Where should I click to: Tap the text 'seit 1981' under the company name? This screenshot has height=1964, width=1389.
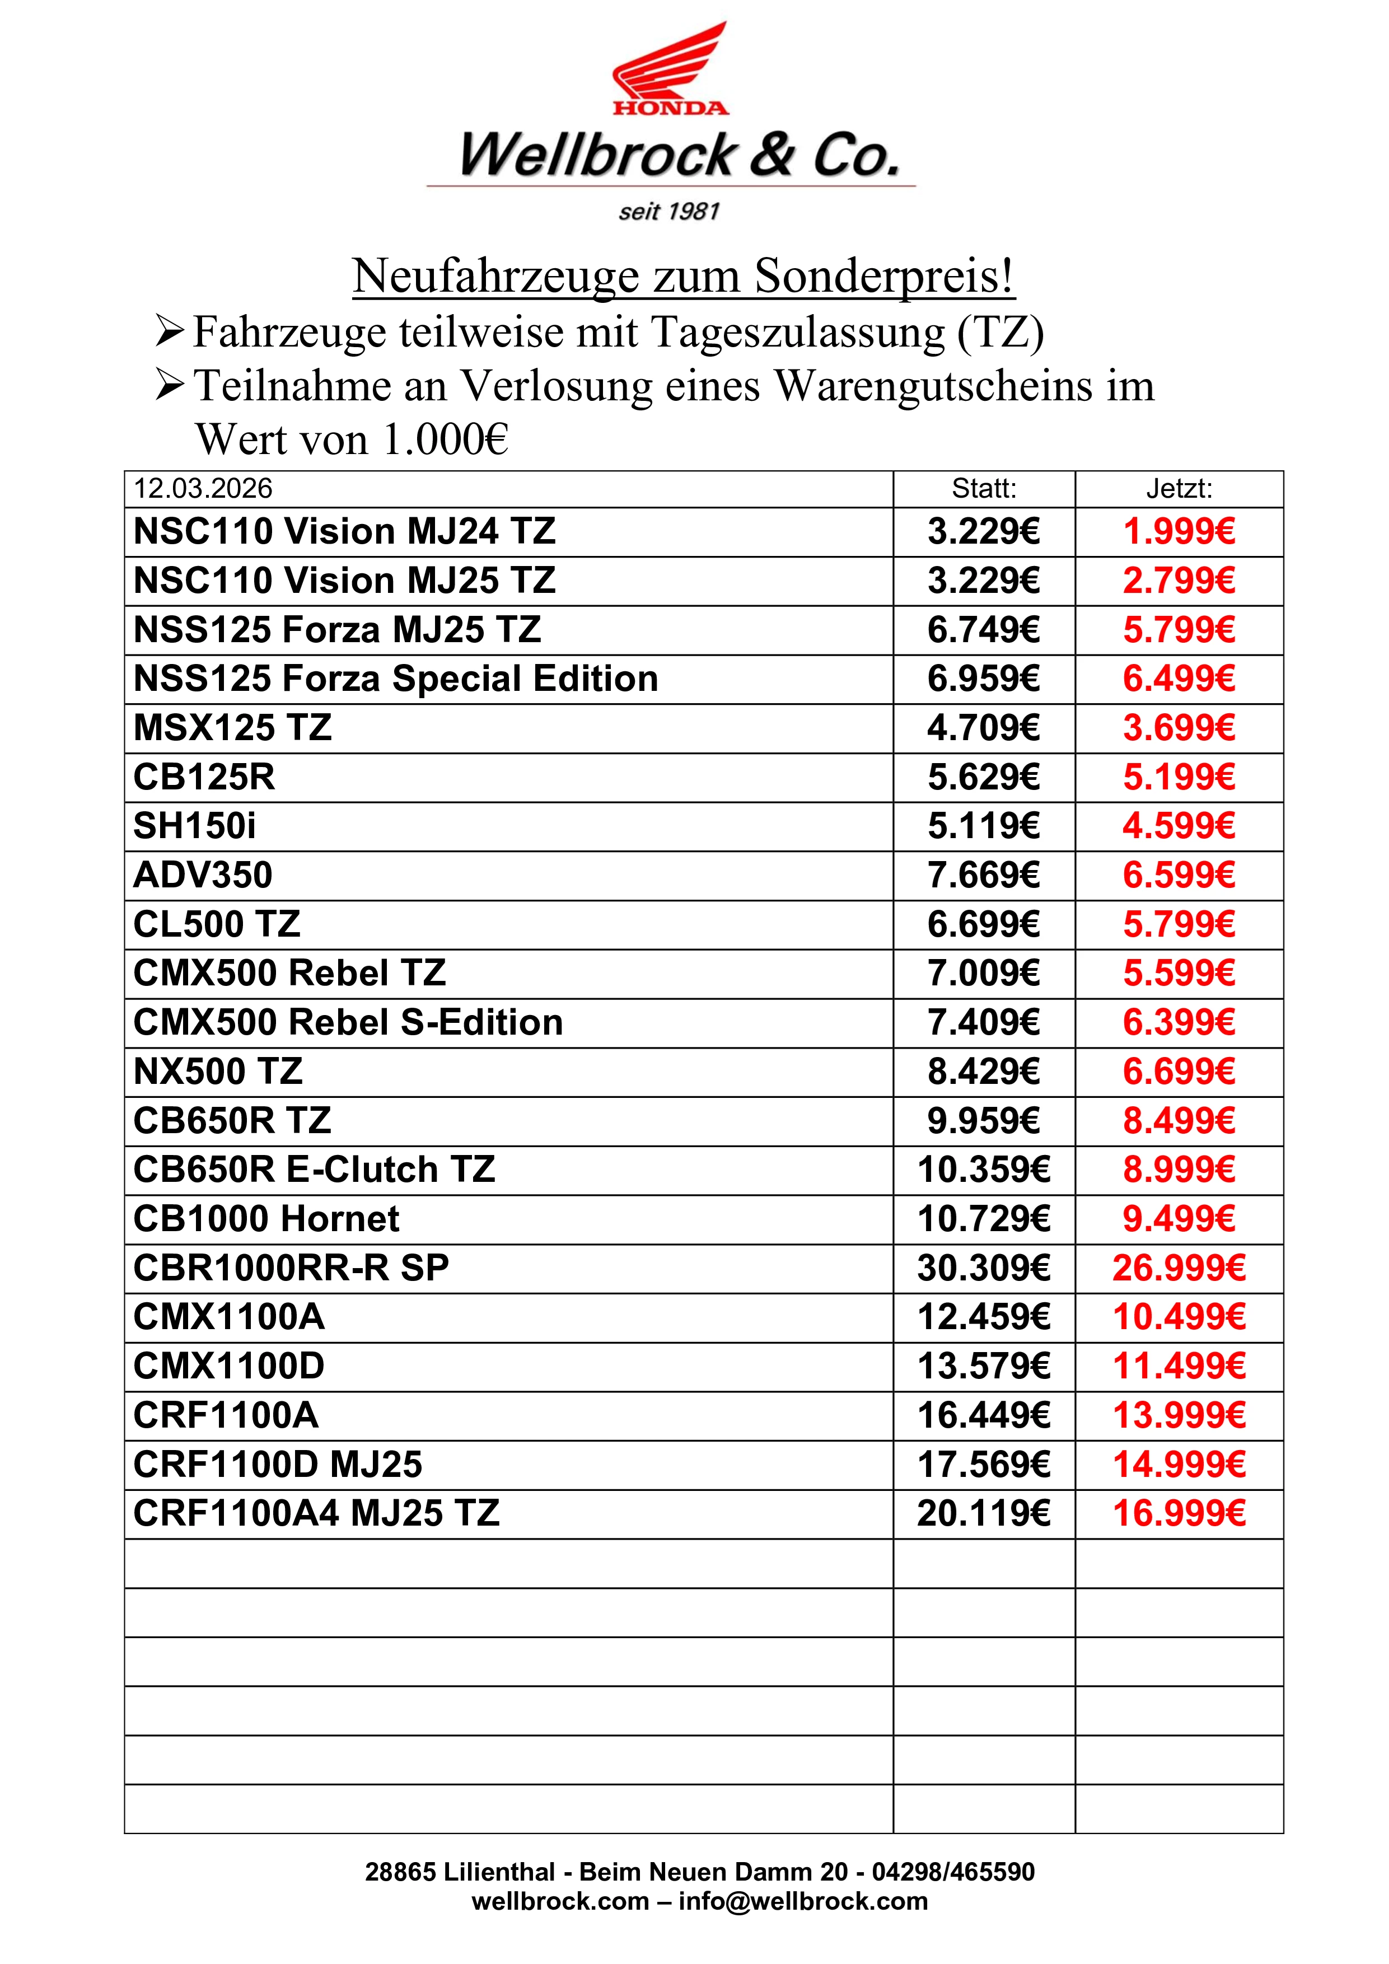tap(669, 211)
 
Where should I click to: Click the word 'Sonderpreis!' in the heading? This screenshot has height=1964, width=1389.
tap(885, 277)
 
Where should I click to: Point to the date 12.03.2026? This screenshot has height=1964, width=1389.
tap(203, 488)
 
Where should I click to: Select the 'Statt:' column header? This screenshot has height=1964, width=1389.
tap(984, 488)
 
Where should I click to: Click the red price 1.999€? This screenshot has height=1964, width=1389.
tap(1178, 531)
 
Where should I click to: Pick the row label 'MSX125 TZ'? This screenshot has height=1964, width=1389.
tap(233, 728)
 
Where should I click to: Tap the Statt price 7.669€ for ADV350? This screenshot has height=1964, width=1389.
tap(984, 875)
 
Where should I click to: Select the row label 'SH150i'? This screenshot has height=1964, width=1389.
tap(195, 826)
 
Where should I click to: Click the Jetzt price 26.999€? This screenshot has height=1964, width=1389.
tap(1178, 1268)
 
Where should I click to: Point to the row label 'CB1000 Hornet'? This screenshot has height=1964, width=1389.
tap(266, 1219)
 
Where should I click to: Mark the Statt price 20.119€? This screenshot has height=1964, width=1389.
tap(984, 1513)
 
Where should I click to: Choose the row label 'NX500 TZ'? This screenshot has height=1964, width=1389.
tap(218, 1072)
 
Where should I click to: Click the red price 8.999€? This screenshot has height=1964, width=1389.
tap(1178, 1170)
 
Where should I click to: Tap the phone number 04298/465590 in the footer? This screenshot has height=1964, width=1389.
tap(953, 1872)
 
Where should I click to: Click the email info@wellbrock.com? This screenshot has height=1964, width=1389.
tap(802, 1901)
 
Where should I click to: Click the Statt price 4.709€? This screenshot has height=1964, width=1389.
tap(984, 728)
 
